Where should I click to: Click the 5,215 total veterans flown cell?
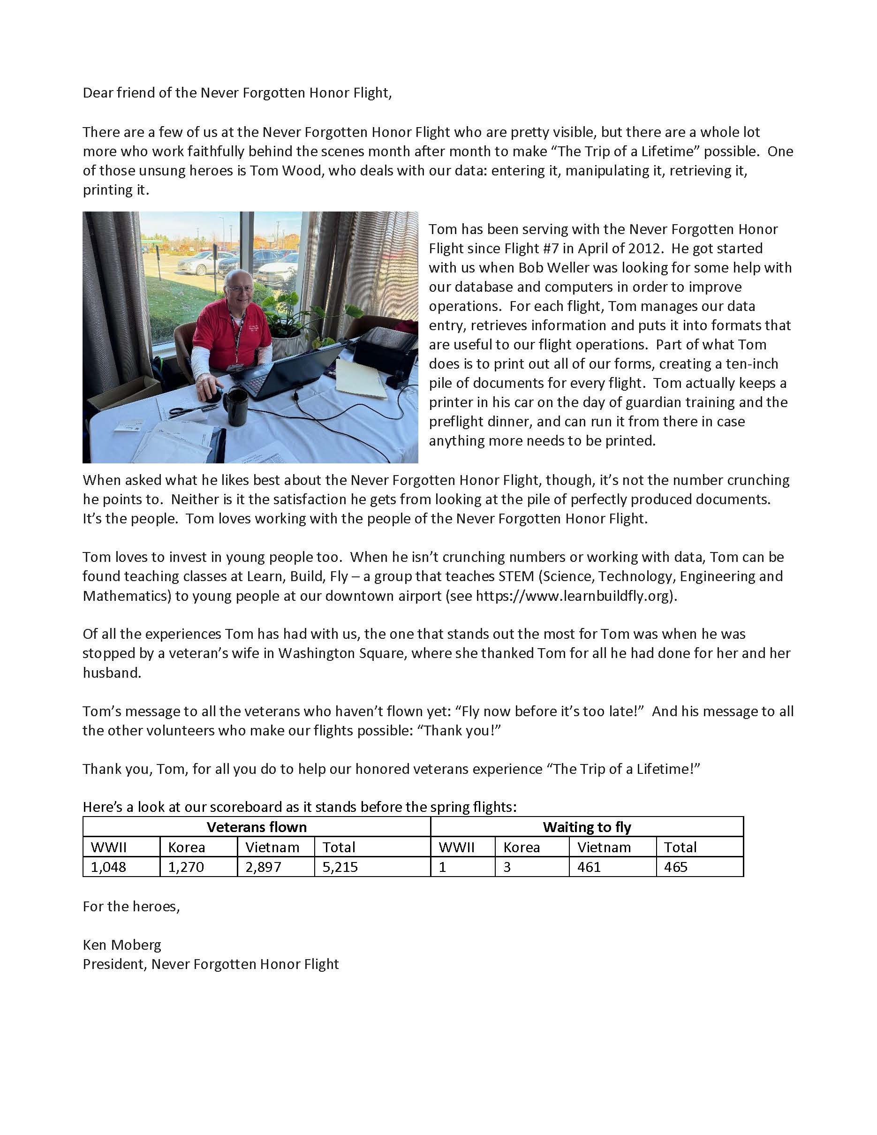coord(340,867)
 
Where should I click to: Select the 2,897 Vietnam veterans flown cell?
coord(263,867)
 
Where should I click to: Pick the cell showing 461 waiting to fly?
coord(589,867)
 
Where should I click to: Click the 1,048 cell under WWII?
coord(108,867)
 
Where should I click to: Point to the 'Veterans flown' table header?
coord(257,827)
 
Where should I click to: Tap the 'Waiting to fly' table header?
coord(587,827)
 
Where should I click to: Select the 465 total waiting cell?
coord(675,867)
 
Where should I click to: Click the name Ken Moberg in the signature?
coord(122,945)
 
